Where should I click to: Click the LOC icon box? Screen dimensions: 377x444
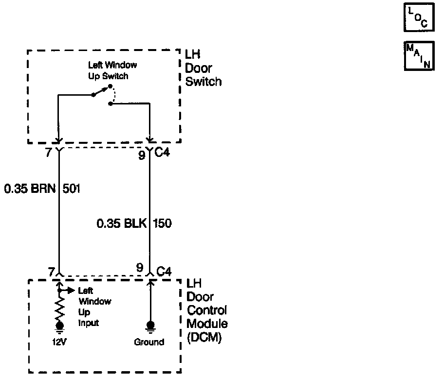[418, 18]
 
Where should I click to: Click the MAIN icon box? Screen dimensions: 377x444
[418, 56]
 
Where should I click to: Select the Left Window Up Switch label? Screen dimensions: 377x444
[112, 70]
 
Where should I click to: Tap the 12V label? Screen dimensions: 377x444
[59, 342]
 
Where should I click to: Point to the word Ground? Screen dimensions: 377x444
[149, 342]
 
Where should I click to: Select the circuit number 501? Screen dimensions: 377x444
[72, 188]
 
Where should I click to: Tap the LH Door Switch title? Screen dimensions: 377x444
[203, 68]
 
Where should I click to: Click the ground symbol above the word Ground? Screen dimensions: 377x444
[150, 326]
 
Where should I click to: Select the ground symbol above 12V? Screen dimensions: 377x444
[60, 326]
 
